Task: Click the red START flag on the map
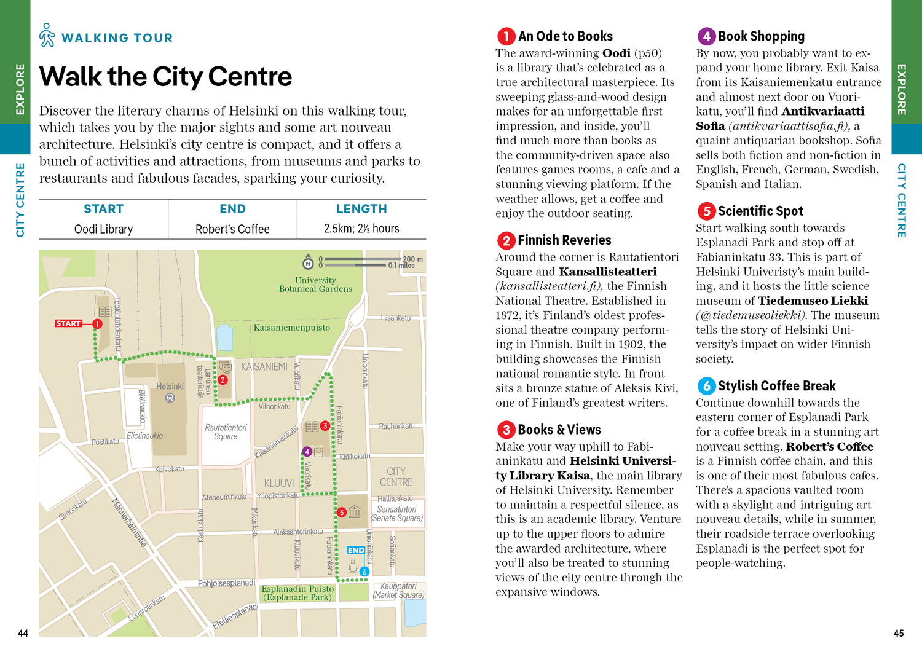[x=68, y=323]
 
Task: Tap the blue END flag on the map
[x=355, y=550]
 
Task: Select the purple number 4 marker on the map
[x=307, y=452]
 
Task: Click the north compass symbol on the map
[x=309, y=264]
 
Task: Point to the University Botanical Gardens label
[x=315, y=285]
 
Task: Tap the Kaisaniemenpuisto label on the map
[x=292, y=328]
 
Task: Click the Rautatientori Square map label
[x=226, y=432]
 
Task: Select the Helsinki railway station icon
[x=170, y=398]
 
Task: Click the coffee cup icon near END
[x=353, y=568]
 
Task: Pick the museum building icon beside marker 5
[x=355, y=511]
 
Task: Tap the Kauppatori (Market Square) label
[x=398, y=591]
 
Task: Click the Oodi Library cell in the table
[x=103, y=229]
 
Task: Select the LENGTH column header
[x=361, y=209]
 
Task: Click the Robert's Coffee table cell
[x=232, y=229]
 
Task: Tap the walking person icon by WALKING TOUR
[x=47, y=36]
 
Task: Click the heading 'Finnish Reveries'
[x=564, y=240]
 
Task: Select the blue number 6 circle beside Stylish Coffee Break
[x=706, y=386]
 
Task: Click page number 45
[x=899, y=633]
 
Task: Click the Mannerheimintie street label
[x=129, y=522]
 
